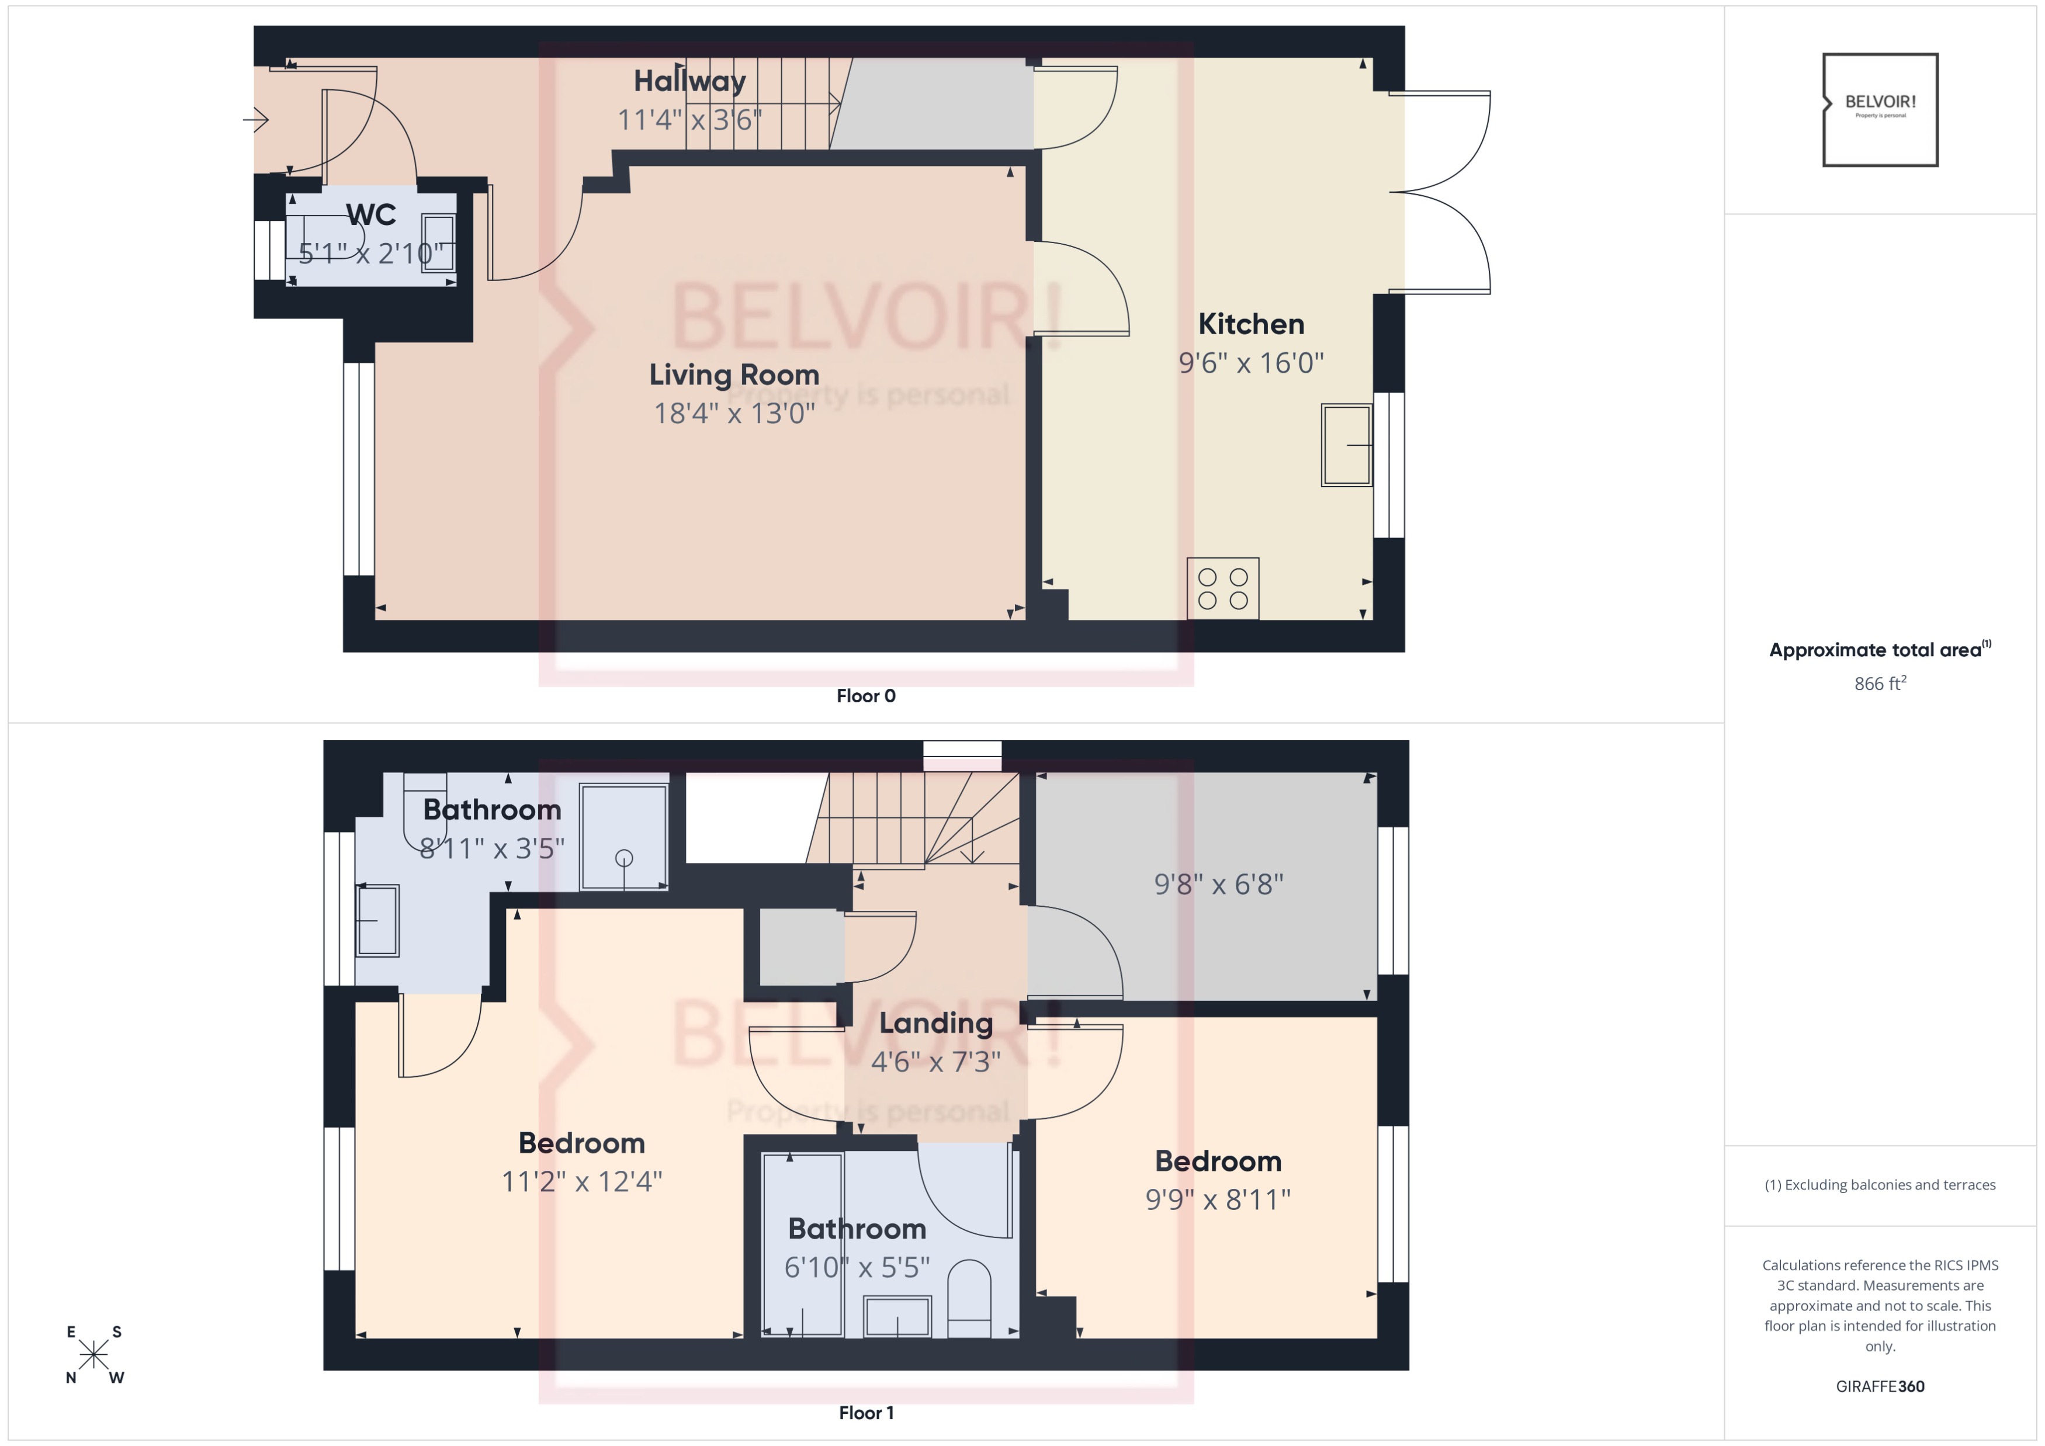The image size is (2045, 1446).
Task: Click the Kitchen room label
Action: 1250,324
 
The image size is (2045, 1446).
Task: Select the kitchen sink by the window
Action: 1346,445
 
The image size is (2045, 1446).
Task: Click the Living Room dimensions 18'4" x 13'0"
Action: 734,413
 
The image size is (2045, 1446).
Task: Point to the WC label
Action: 370,214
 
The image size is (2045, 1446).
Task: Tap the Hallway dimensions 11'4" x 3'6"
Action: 689,119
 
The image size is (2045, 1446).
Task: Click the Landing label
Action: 935,1023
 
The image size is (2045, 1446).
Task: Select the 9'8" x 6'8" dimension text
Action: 1218,884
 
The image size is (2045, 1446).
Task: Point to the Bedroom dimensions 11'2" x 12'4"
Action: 581,1181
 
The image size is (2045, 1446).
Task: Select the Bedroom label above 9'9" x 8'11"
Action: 1218,1161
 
